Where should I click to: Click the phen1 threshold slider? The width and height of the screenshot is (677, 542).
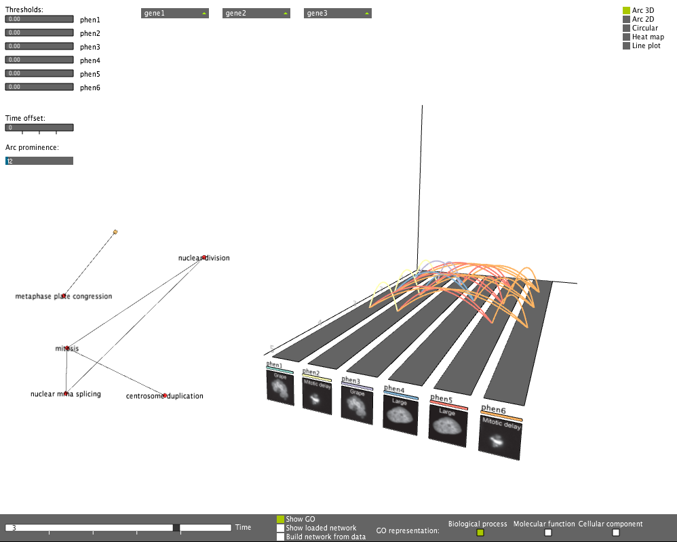point(39,20)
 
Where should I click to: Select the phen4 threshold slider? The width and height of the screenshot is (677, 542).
point(39,60)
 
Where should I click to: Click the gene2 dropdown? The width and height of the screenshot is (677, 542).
point(256,14)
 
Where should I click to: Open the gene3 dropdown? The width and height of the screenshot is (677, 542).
point(338,14)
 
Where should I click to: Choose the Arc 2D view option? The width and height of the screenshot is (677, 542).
point(627,20)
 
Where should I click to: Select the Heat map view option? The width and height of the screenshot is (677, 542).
point(627,37)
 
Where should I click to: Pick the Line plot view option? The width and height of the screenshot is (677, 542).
point(627,46)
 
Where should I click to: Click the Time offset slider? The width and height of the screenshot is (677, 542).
point(39,128)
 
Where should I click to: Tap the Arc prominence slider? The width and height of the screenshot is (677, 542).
point(39,161)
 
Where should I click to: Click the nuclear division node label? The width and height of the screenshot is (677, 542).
point(204,258)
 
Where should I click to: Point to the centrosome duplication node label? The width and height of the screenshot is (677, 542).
point(165,396)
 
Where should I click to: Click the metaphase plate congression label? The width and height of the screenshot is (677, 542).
point(64,296)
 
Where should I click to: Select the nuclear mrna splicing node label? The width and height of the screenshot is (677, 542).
point(66,394)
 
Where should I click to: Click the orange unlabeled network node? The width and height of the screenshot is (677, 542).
point(115,232)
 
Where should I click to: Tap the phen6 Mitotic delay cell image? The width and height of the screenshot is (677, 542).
point(501,438)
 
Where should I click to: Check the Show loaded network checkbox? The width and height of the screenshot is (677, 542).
point(280,528)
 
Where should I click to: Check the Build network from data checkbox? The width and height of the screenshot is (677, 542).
point(280,537)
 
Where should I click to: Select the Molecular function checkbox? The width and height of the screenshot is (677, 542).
point(548,533)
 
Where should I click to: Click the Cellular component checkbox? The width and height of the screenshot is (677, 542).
point(616,533)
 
